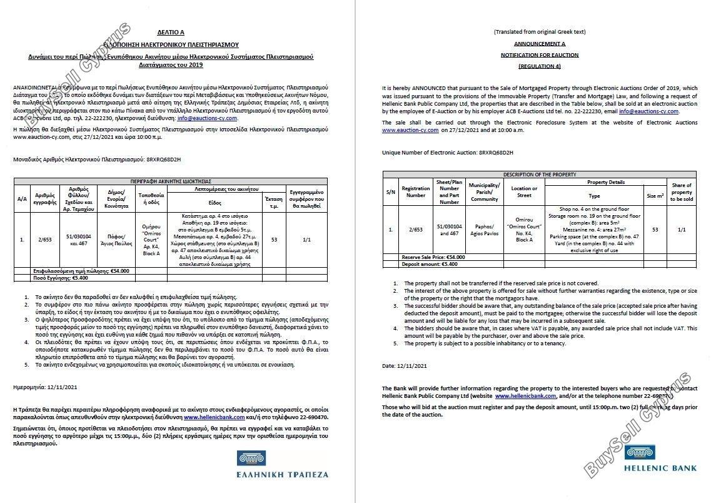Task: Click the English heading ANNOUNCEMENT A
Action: click(539, 44)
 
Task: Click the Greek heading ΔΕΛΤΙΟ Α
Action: click(171, 31)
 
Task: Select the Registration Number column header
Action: click(415, 191)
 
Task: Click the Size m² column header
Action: click(655, 196)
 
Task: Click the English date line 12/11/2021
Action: click(404, 365)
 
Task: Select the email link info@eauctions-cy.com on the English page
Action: click(649, 111)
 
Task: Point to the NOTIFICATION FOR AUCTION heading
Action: click(539, 55)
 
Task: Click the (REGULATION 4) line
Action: click(539, 66)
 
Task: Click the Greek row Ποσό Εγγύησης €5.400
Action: click(53, 277)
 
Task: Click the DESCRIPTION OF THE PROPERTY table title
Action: click(539, 175)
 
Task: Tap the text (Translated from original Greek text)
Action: click(539, 31)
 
